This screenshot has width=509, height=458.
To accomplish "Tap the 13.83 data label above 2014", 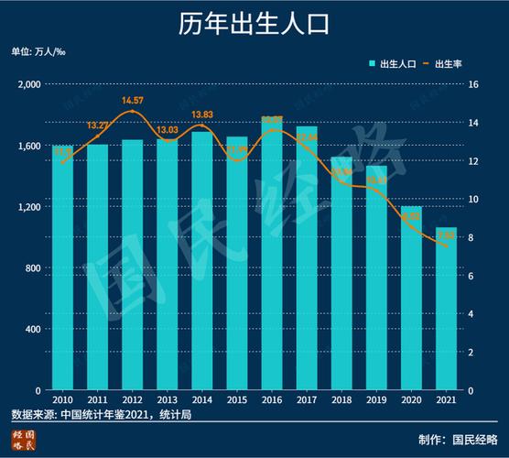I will pyautogui.click(x=202, y=114).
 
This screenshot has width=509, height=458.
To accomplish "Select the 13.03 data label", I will pyautogui.click(x=168, y=130).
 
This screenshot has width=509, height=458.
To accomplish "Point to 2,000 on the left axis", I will pyautogui.click(x=30, y=84).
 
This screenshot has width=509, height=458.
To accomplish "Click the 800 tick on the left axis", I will pyautogui.click(x=36, y=268).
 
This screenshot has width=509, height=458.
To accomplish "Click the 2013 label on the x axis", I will pyautogui.click(x=168, y=400).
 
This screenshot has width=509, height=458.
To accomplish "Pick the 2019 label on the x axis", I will pyautogui.click(x=376, y=400).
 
